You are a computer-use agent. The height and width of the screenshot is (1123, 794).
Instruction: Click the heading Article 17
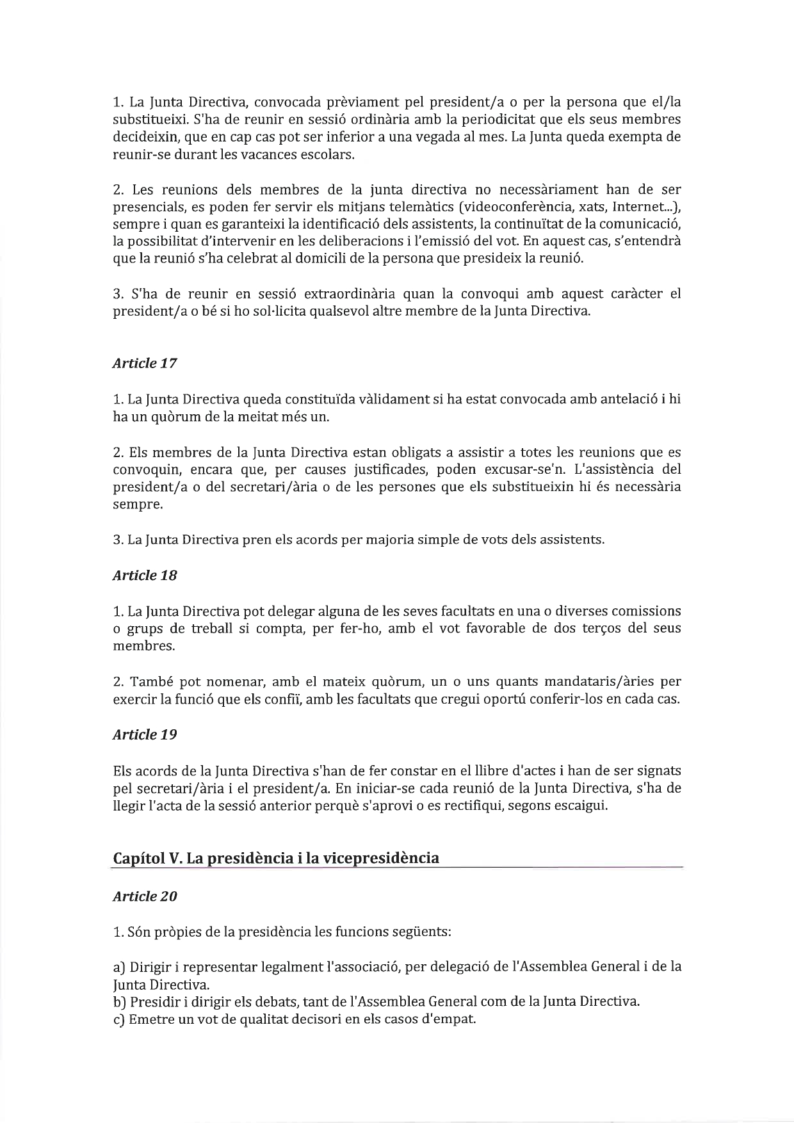point(145,363)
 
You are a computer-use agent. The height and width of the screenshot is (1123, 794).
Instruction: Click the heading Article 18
point(145,575)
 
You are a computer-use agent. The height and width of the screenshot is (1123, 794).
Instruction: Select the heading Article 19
point(145,734)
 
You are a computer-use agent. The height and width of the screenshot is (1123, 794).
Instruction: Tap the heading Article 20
point(145,896)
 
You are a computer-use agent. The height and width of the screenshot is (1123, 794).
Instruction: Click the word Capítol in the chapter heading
point(139,858)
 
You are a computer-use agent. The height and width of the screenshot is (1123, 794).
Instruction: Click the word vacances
point(231,155)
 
